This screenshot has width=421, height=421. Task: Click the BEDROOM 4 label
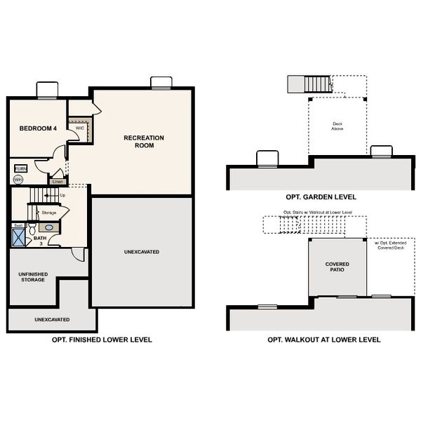click(x=38, y=128)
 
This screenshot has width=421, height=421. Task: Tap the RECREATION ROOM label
click(x=144, y=142)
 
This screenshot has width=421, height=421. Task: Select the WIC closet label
click(x=80, y=128)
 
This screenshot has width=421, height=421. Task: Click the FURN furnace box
click(x=20, y=169)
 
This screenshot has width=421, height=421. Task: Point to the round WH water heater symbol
click(x=18, y=180)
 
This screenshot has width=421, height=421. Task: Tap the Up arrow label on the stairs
click(x=62, y=195)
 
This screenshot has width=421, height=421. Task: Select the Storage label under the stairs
click(x=49, y=212)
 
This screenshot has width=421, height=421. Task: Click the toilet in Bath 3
click(x=32, y=227)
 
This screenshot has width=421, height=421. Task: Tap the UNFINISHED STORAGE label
click(x=32, y=276)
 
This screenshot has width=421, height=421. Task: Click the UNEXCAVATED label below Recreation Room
click(x=142, y=251)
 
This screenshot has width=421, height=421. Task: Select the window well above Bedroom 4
click(x=47, y=91)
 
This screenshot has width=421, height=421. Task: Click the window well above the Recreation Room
click(x=161, y=83)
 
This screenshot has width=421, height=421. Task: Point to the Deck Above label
click(x=338, y=127)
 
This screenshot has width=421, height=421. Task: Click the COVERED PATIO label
click(x=337, y=267)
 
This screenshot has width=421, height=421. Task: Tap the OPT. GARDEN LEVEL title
click(x=321, y=197)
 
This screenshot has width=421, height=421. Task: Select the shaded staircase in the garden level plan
click(x=308, y=85)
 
